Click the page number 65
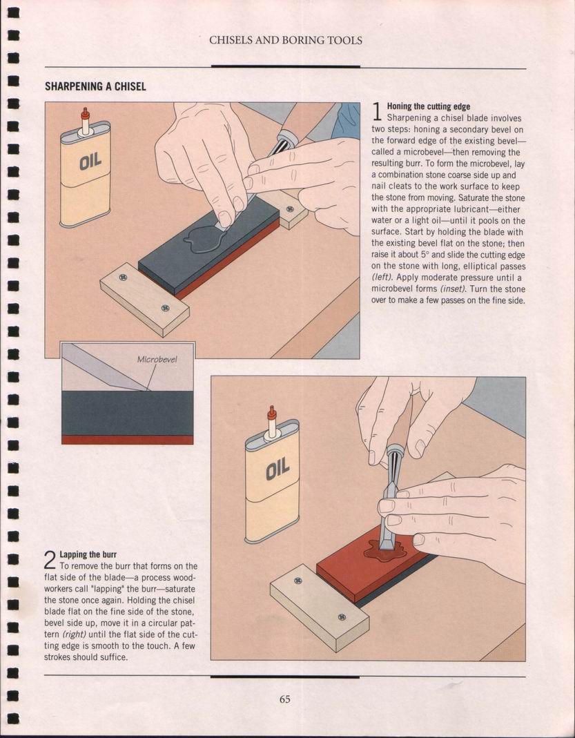pyautogui.click(x=284, y=699)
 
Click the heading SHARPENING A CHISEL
pyautogui.click(x=95, y=86)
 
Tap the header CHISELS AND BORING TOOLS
pyautogui.click(x=286, y=41)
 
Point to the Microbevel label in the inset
pyautogui.click(x=157, y=360)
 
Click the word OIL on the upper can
pyautogui.click(x=90, y=162)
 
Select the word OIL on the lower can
pyautogui.click(x=277, y=469)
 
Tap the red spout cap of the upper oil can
pyautogui.click(x=85, y=113)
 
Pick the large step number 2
pyautogui.click(x=50, y=560)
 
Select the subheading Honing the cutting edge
pyautogui.click(x=428, y=107)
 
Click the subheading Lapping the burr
pyautogui.click(x=88, y=554)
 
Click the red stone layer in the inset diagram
pyautogui.click(x=128, y=440)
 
